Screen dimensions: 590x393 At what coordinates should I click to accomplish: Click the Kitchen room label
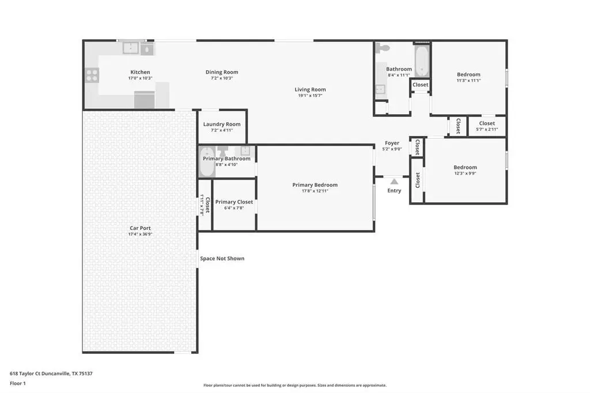(x=140, y=72)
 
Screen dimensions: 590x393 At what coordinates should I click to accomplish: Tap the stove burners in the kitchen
(x=92, y=75)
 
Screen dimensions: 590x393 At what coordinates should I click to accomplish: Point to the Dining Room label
(x=222, y=72)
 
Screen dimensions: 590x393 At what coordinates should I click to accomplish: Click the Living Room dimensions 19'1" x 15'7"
(x=310, y=96)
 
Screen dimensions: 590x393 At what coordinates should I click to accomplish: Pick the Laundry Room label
(x=222, y=124)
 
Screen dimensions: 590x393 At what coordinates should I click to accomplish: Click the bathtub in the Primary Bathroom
(x=207, y=162)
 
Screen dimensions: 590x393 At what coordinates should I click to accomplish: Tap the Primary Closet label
(x=234, y=202)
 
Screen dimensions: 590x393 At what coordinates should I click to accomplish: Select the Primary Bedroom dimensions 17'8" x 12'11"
(x=315, y=191)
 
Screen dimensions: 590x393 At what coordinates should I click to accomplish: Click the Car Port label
(x=140, y=228)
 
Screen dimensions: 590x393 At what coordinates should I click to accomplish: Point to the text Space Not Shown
(x=222, y=258)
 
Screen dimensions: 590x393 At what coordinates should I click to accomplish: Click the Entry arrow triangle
(x=394, y=182)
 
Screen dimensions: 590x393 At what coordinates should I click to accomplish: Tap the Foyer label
(x=392, y=143)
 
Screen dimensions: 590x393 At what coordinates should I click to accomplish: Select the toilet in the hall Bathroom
(x=383, y=48)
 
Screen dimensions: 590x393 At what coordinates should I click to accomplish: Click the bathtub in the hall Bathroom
(x=421, y=61)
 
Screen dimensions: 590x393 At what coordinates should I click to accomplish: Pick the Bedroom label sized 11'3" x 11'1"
(x=468, y=74)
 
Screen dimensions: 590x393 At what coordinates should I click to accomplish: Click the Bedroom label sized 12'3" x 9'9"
(x=465, y=167)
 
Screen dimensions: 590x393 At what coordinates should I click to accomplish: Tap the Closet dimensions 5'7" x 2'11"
(x=487, y=130)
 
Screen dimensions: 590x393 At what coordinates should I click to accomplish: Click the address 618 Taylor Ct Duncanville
(x=40, y=373)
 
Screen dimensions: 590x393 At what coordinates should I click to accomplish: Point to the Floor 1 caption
(x=18, y=383)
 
